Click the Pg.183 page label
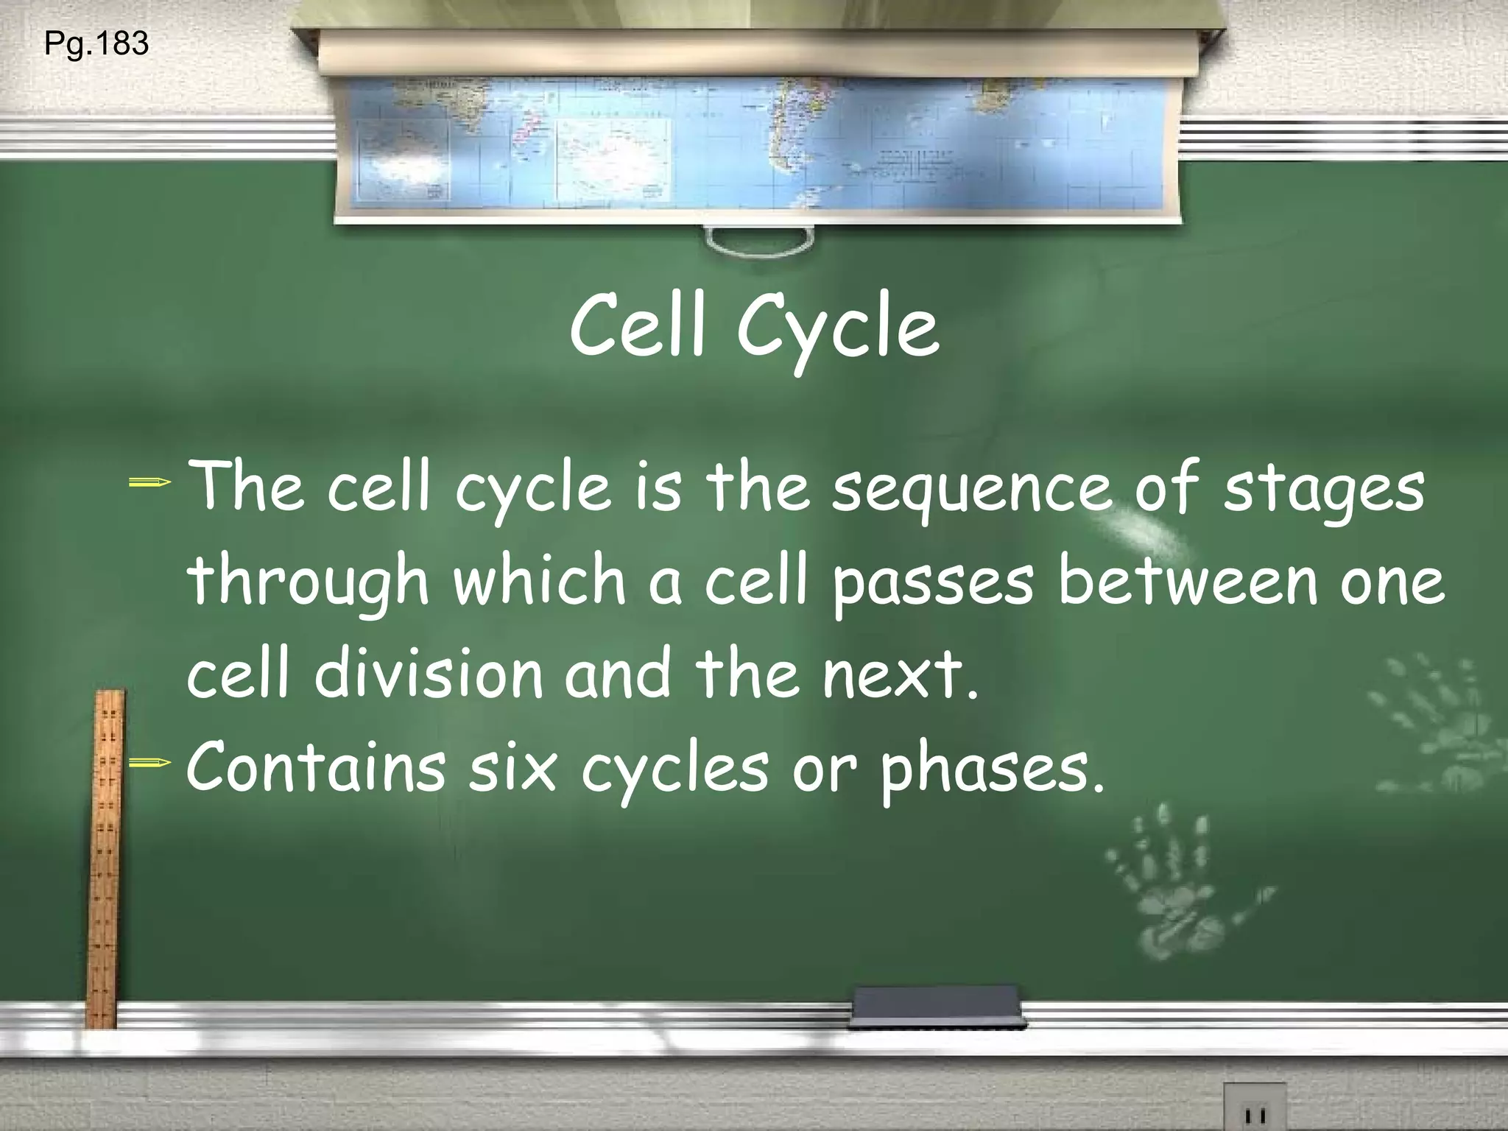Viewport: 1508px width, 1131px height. point(96,44)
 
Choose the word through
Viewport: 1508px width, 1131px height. point(309,582)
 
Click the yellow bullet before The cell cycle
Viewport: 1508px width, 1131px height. point(150,484)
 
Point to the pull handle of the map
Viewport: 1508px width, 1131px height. point(759,242)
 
